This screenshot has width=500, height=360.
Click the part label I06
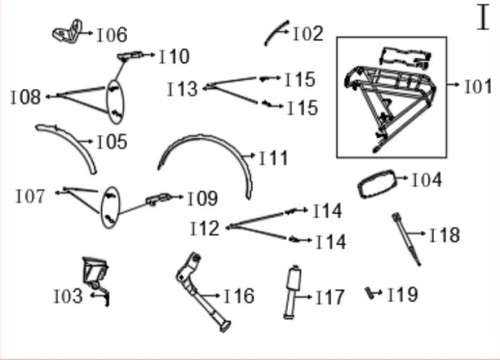pyautogui.click(x=112, y=35)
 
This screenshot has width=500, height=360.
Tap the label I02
pyautogui.click(x=308, y=34)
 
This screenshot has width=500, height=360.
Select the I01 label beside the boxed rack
pyautogui.click(x=478, y=87)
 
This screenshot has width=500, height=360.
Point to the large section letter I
pyautogui.click(x=483, y=17)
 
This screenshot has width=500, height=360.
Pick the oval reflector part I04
pyautogui.click(x=377, y=184)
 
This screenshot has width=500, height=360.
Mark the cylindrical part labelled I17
pyautogui.click(x=293, y=292)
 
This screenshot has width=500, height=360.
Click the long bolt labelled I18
pyautogui.click(x=406, y=239)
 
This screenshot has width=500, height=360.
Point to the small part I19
pyautogui.click(x=370, y=293)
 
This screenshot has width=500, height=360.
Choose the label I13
pyautogui.click(x=182, y=89)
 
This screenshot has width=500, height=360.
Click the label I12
pyautogui.click(x=205, y=229)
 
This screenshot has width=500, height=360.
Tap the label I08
pyautogui.click(x=26, y=97)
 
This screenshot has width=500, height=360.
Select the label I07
pyautogui.click(x=30, y=196)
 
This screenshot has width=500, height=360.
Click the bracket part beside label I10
pyautogui.click(x=130, y=56)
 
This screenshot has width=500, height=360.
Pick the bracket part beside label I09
pyautogui.click(x=158, y=199)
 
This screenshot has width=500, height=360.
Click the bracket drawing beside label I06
pyautogui.click(x=67, y=31)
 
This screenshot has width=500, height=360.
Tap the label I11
pyautogui.click(x=274, y=158)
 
